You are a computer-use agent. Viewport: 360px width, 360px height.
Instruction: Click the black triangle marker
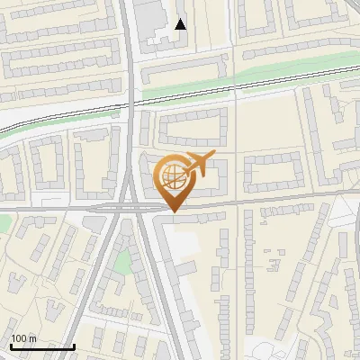pyautogui.click(x=181, y=24)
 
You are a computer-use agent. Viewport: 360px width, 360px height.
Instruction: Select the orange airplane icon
pyautogui.click(x=199, y=165)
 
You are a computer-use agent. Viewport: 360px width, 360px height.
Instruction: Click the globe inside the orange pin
pyautogui.click(x=172, y=175)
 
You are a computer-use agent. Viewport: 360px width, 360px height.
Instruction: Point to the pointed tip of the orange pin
pyautogui.click(x=172, y=211)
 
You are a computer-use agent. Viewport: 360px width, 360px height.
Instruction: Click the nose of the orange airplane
pyautogui.click(x=214, y=157)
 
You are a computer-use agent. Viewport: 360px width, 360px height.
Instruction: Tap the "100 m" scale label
pyautogui.click(x=23, y=338)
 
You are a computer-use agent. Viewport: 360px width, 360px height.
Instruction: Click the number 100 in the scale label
pyautogui.click(x=19, y=338)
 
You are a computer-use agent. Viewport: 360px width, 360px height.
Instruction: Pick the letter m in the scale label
pyautogui.click(x=32, y=338)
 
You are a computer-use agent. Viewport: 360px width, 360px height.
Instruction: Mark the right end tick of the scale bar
pyautogui.click(x=74, y=344)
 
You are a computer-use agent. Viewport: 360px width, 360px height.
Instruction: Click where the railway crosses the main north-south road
pyautogui.click(x=132, y=102)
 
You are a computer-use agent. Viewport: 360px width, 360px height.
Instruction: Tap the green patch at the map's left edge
pyautogui.click(x=3, y=221)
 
